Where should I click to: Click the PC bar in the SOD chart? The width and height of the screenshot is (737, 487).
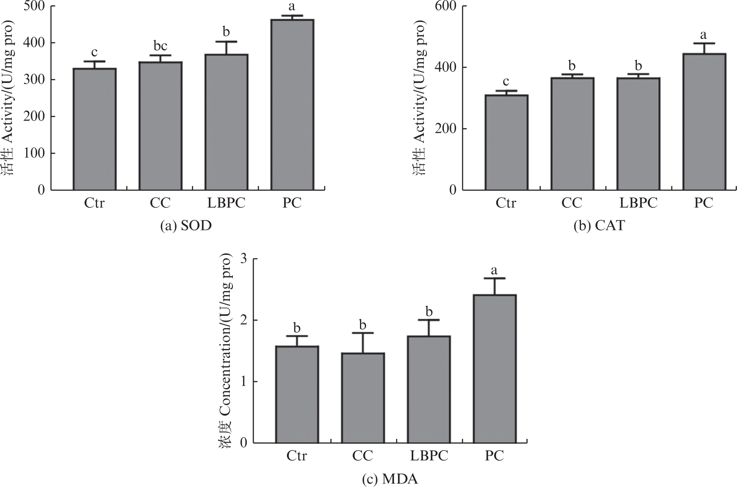292,105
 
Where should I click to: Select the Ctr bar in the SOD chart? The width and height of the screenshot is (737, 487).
94,129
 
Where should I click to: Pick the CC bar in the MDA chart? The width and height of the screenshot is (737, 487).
363,398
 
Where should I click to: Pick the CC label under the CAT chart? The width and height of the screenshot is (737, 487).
572,203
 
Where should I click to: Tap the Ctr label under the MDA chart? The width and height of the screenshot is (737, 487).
297,456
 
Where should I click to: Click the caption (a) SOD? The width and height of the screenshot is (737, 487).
183,226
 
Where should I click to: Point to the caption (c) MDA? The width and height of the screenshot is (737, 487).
390,479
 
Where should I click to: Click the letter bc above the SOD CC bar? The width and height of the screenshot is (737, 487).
160,46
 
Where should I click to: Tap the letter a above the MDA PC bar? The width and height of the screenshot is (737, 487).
495,270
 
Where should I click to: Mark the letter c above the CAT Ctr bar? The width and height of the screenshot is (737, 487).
506,82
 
